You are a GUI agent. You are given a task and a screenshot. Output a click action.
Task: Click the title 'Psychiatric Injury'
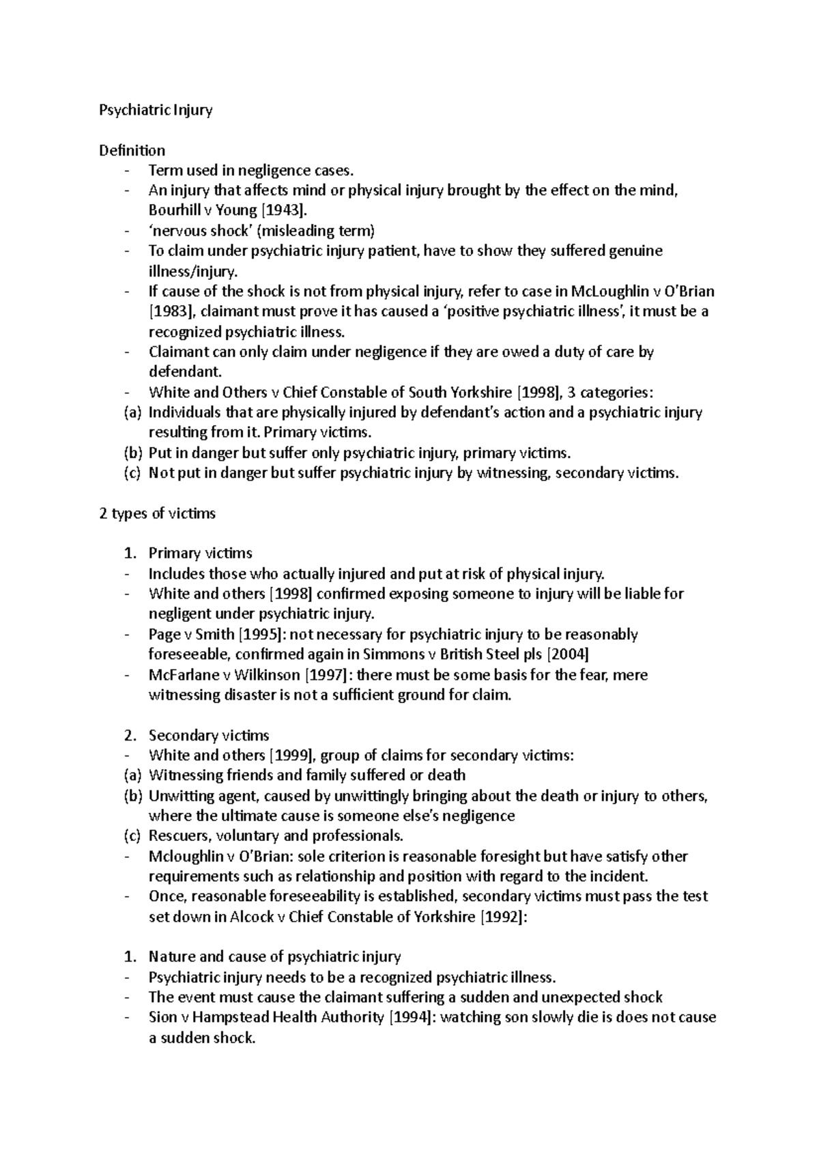(x=156, y=110)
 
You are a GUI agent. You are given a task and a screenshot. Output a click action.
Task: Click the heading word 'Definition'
(x=132, y=150)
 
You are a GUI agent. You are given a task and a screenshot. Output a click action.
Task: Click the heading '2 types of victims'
(x=158, y=513)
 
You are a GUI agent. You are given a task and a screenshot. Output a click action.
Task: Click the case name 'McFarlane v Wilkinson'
(x=225, y=675)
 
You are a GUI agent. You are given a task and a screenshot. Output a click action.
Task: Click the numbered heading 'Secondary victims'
(x=209, y=736)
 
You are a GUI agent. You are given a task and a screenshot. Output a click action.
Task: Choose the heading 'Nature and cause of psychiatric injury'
(x=274, y=957)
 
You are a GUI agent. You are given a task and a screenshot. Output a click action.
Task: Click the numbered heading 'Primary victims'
(x=201, y=554)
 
